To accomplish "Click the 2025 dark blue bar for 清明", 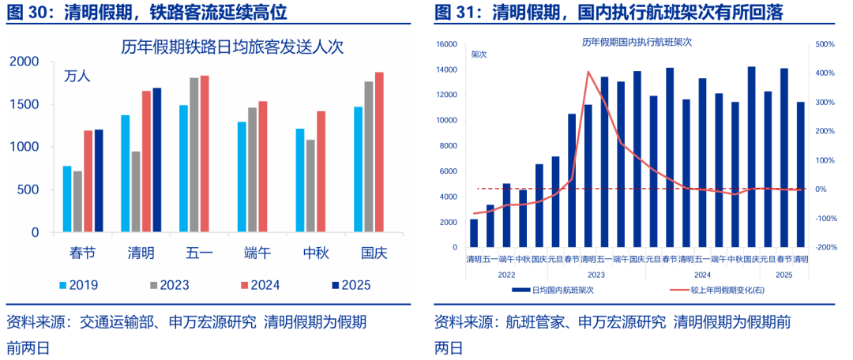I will [x=156, y=160].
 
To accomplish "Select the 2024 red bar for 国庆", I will [x=379, y=152].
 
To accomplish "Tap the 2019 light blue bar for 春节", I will [x=67, y=200].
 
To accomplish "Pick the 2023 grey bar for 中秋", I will [x=310, y=186].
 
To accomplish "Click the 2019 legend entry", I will [x=80, y=285].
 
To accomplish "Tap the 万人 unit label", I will [x=77, y=77].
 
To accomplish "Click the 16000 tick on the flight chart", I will [x=446, y=45].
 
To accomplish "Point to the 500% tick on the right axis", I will [x=825, y=45].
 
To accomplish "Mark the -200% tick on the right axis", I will [x=825, y=247].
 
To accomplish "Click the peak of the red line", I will [x=588, y=72].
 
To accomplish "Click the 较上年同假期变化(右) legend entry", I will [x=719, y=290].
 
